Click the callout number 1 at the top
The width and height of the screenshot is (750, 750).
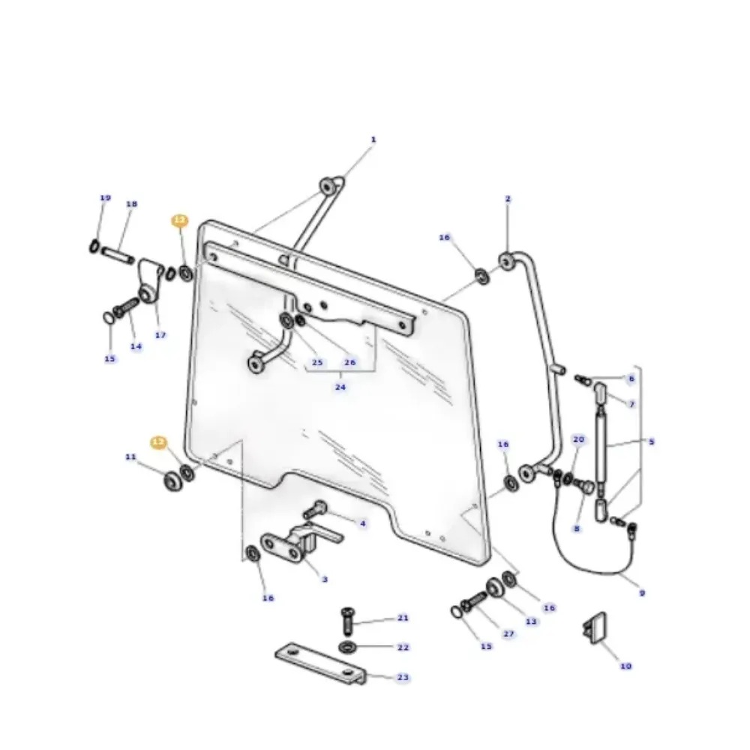pos(373,139)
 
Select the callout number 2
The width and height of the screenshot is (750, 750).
pos(508,199)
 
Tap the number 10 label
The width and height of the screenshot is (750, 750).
pos(625,666)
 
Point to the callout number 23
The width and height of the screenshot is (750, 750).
pos(403,677)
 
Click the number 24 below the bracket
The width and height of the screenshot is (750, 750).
pos(340,388)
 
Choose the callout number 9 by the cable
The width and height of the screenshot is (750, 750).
pos(642,593)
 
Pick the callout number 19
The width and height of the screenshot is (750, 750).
pos(105,198)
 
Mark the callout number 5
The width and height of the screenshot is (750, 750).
pos(651,442)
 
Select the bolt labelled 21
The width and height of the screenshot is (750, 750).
pos(348,619)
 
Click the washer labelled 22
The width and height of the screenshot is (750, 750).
pos(348,646)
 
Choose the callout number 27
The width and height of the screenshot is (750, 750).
pos(508,634)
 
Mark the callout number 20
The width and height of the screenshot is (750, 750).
pos(578,439)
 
